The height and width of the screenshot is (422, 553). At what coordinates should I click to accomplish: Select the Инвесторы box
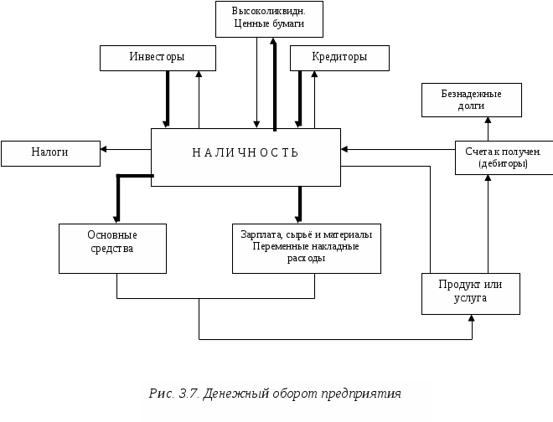pos(158,58)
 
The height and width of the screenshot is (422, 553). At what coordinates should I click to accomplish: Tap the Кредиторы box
pos(339,58)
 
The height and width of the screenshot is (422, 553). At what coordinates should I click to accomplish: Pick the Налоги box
pos(50,153)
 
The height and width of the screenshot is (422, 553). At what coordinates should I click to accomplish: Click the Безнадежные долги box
pos(471,100)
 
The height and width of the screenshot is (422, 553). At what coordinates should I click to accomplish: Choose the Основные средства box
pos(111,248)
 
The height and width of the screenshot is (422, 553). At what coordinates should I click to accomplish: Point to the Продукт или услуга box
pos(470,293)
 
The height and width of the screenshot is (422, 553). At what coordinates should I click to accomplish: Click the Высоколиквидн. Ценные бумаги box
pos(267,18)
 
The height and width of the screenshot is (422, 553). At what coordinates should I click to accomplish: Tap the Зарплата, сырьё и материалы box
pos(306,247)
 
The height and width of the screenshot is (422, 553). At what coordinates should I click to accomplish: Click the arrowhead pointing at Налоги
pos(105,150)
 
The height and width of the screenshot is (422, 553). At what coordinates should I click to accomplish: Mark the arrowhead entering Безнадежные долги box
pos(488,121)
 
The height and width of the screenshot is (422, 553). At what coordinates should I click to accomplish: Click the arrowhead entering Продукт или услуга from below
pos(473,319)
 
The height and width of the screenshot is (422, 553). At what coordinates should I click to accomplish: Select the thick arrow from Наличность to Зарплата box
pos(298,204)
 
